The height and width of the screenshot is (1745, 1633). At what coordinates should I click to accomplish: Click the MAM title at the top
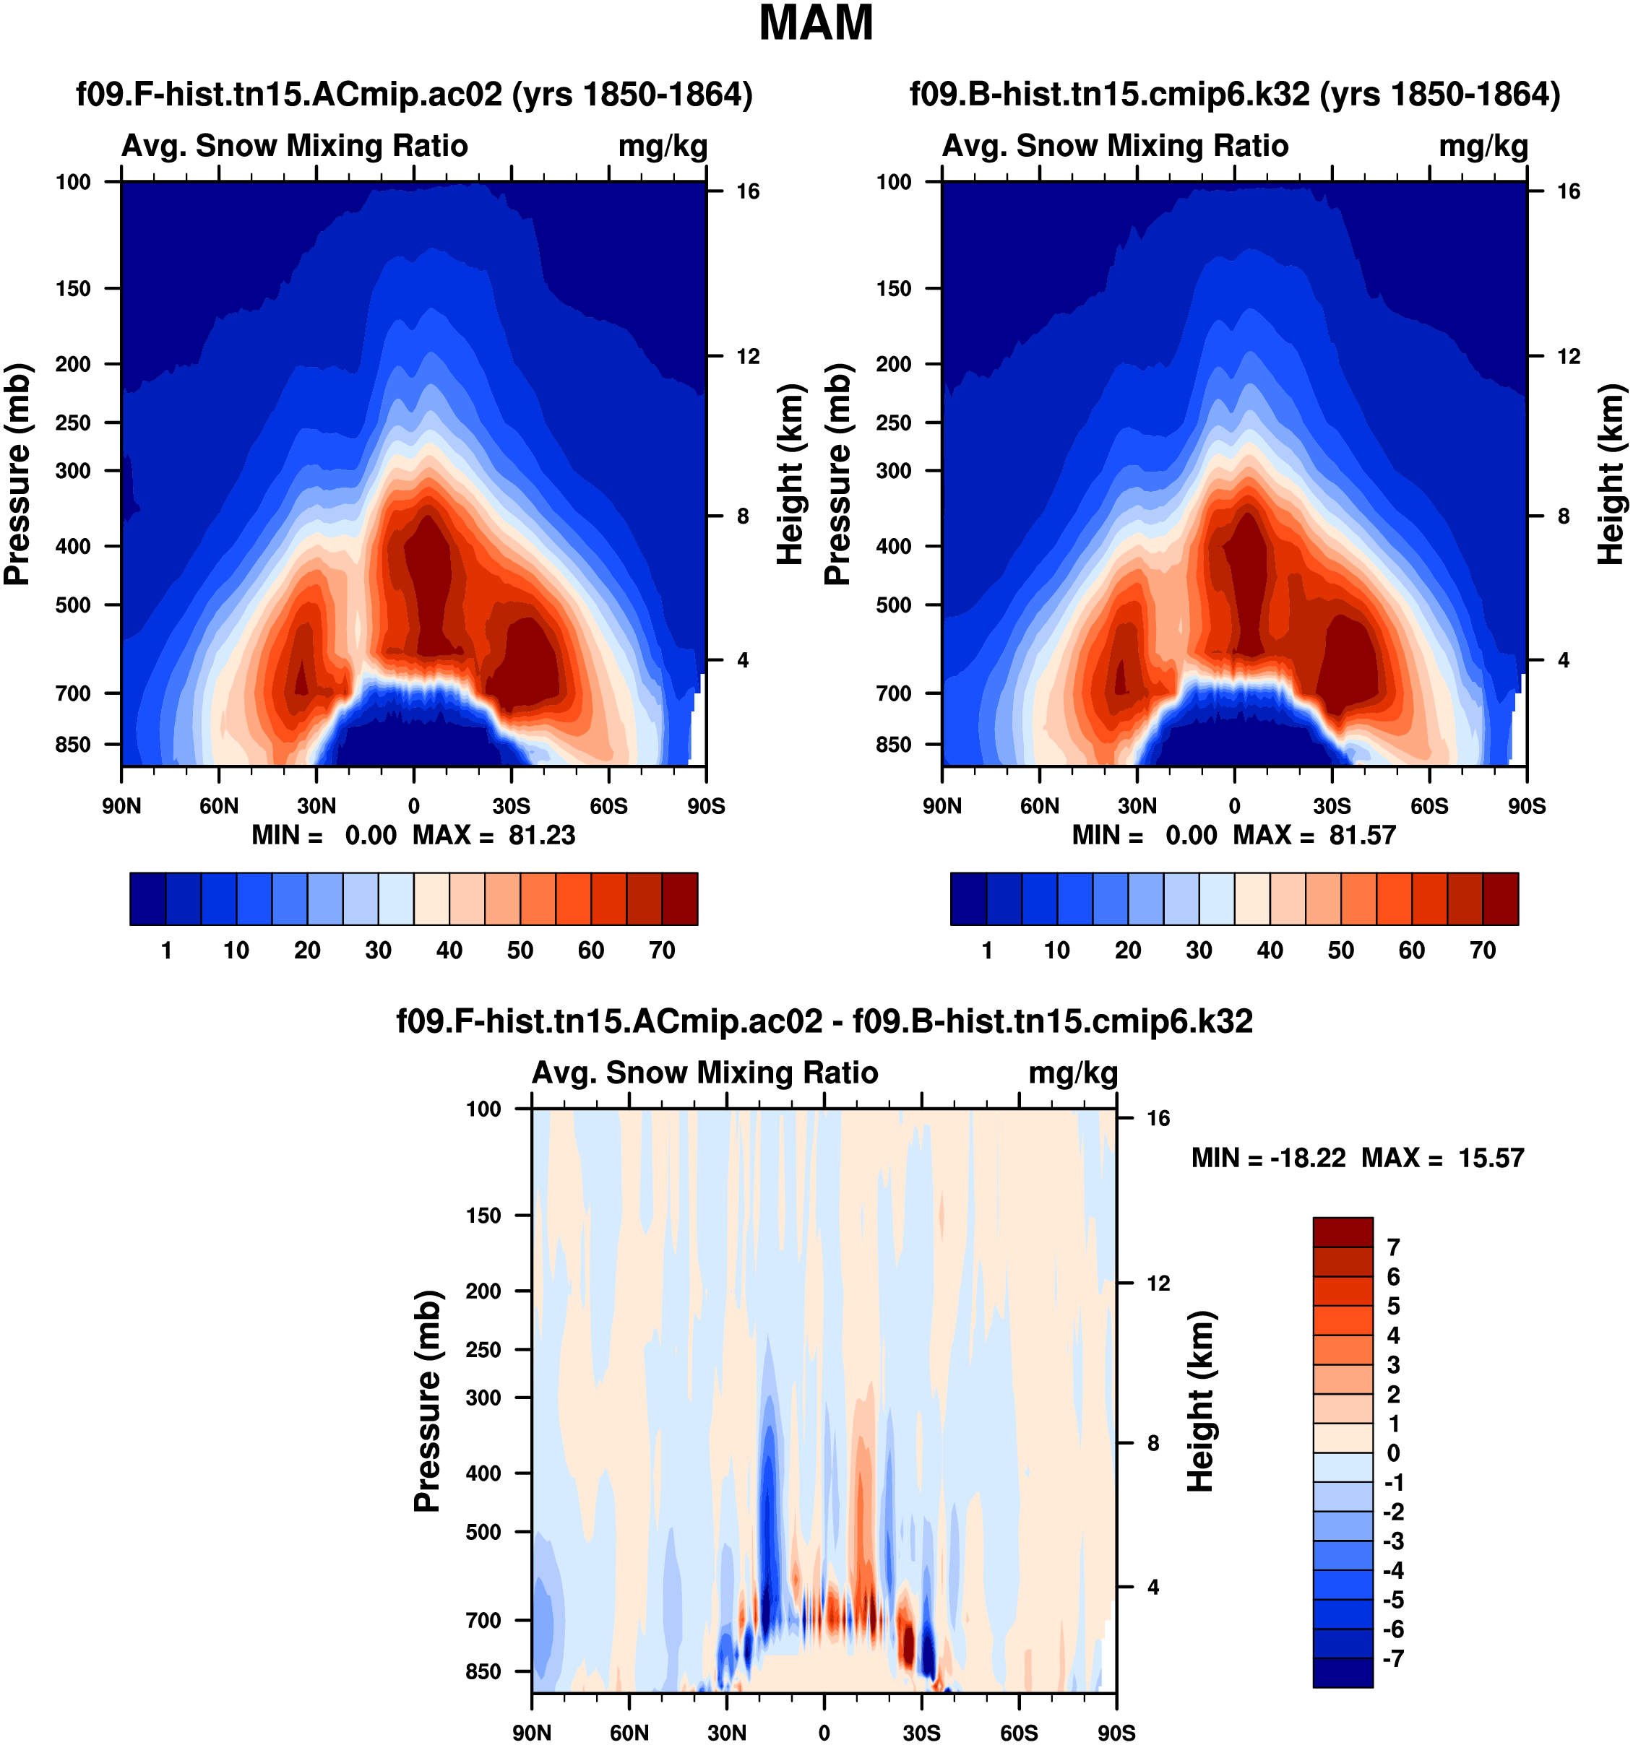816,24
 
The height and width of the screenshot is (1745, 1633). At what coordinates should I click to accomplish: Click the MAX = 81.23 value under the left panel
494,835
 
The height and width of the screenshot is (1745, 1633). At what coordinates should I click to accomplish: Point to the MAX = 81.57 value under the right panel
1314,835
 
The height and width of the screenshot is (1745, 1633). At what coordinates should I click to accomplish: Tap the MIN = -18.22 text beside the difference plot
1268,1158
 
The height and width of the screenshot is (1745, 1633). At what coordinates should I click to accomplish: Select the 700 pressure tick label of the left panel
73,693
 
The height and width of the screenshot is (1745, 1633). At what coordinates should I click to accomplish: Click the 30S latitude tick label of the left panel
511,806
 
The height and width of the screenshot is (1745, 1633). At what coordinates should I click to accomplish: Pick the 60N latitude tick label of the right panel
1040,806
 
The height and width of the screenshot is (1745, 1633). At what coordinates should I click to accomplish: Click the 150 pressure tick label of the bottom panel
483,1216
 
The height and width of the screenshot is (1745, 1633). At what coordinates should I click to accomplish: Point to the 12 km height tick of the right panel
1568,356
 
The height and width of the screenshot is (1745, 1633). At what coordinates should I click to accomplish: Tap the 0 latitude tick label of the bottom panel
824,1733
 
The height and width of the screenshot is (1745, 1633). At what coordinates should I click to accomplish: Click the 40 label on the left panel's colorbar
449,951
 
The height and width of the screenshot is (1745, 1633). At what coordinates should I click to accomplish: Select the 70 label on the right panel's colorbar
1483,951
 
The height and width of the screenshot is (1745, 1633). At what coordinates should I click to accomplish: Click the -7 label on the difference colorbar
1393,1659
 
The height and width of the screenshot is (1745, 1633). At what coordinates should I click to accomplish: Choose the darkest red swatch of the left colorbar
679,899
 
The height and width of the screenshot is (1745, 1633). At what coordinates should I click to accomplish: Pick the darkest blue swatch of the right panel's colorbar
968,899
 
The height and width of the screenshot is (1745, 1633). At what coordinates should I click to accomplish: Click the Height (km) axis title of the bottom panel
1201,1401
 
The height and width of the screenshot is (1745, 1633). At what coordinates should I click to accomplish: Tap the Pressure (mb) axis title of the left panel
17,474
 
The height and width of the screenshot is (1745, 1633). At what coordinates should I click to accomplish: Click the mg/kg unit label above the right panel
1483,146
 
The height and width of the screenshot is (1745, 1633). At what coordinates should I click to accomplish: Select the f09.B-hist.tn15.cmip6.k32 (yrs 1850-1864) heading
1234,94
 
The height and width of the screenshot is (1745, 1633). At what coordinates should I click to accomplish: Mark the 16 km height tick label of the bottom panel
1158,1118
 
